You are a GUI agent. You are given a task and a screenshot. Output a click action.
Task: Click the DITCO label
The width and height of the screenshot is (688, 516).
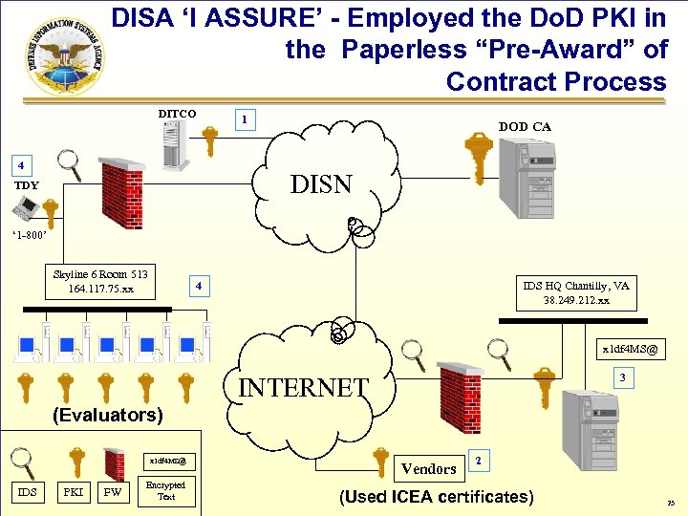[x=177, y=114]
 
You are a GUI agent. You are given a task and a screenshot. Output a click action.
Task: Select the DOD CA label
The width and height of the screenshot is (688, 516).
[x=525, y=126]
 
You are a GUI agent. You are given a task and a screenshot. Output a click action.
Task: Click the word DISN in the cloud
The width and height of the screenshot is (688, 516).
[x=321, y=183]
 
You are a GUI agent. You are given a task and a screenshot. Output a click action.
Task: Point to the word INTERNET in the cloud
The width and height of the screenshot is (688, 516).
[x=303, y=387]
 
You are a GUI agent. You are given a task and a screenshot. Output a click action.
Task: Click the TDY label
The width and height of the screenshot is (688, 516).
[x=27, y=185]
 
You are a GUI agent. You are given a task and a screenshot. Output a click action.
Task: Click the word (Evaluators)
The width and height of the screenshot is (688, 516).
[x=108, y=415]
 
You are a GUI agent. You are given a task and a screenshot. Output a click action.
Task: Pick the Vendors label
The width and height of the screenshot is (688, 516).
[x=428, y=468]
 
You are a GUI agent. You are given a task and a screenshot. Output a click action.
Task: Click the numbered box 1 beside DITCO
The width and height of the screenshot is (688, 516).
[x=246, y=120]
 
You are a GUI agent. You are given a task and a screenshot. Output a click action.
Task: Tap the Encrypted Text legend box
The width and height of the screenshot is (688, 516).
[x=165, y=491]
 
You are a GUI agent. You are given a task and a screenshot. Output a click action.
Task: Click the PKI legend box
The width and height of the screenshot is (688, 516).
[x=73, y=491]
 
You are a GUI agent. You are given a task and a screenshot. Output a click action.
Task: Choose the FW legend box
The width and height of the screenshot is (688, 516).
[x=113, y=491]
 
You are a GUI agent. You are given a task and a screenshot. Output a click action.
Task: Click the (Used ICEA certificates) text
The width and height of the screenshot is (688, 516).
[x=436, y=497]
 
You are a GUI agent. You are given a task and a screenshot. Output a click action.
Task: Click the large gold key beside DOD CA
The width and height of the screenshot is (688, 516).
[x=479, y=155]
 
